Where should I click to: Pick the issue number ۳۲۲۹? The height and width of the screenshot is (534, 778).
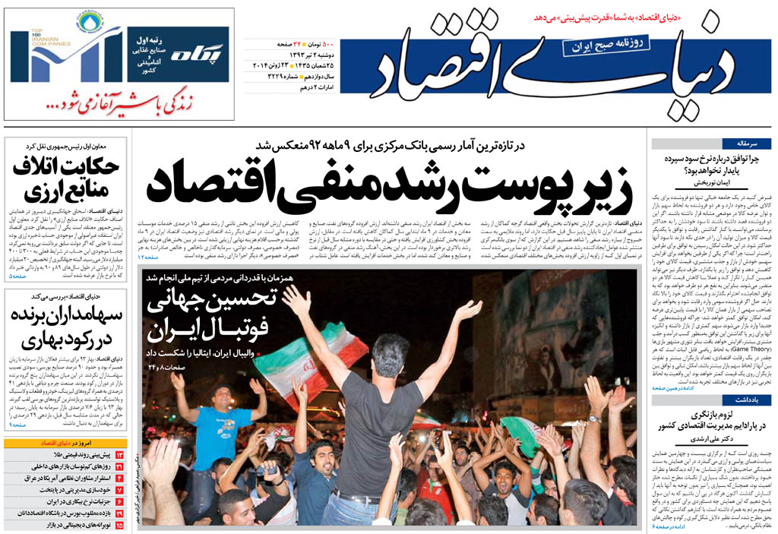[x=274, y=77]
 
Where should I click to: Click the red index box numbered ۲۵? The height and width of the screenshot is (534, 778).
[x=119, y=524]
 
